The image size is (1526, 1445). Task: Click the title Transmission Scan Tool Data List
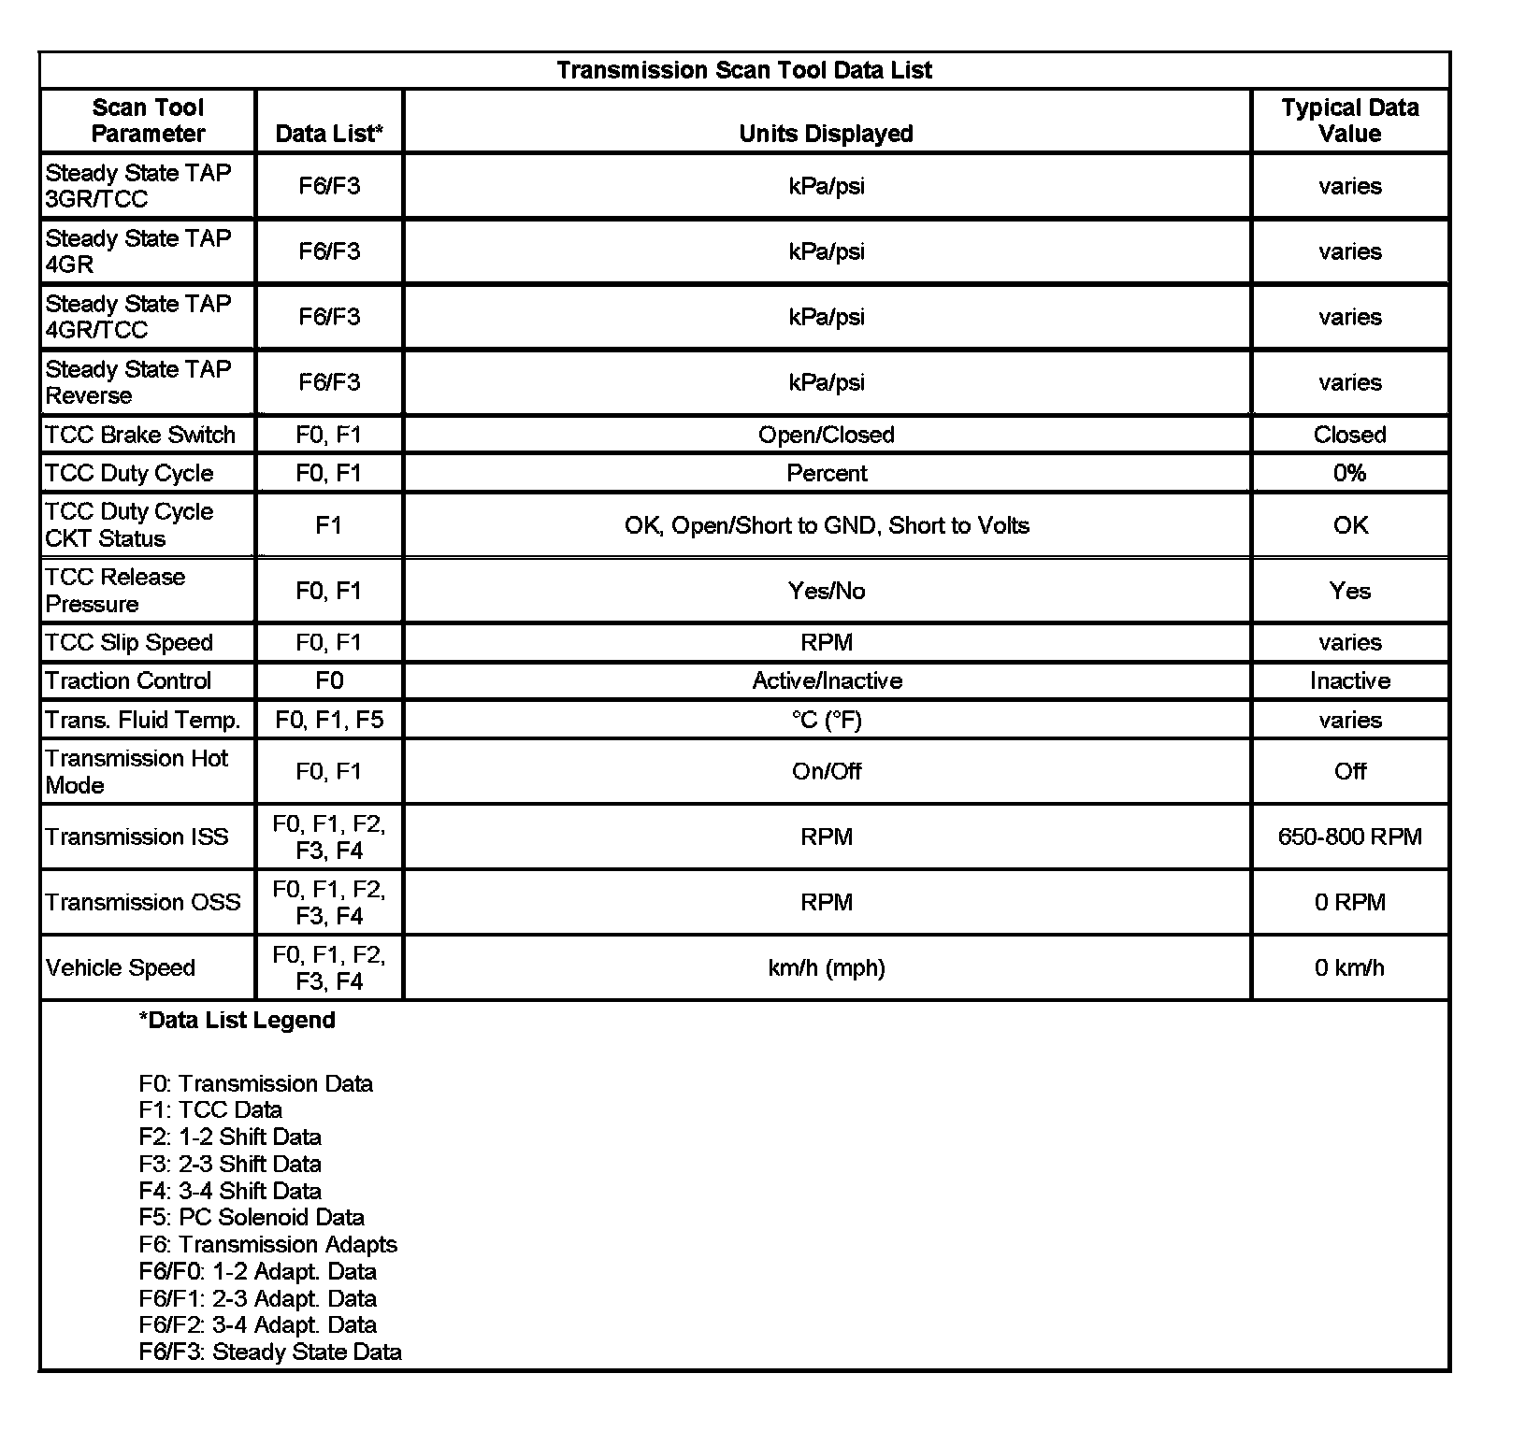(x=744, y=70)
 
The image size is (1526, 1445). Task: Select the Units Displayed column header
(x=826, y=134)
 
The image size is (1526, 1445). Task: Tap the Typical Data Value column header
(x=1349, y=121)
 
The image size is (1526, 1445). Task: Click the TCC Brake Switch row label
(x=140, y=435)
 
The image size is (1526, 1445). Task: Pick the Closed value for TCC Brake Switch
(x=1349, y=435)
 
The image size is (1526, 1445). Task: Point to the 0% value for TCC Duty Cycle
(x=1349, y=473)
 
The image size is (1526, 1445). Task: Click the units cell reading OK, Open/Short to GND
(x=827, y=525)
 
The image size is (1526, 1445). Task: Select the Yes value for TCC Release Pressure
(x=1349, y=591)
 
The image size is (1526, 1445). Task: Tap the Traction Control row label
(x=128, y=680)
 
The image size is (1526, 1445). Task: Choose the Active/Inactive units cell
(x=827, y=680)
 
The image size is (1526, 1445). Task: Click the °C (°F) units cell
(x=827, y=720)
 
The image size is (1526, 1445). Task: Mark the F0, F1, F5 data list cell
(x=329, y=720)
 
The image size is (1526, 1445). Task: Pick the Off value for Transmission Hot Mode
(x=1349, y=771)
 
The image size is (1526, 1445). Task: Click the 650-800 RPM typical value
(x=1349, y=837)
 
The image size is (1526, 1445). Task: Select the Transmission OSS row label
(x=143, y=902)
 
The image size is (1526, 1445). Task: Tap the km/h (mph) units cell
(x=827, y=967)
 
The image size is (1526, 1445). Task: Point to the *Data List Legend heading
(x=237, y=1020)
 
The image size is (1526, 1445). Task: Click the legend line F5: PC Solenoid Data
(x=252, y=1217)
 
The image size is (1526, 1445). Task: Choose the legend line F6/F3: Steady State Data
(x=270, y=1352)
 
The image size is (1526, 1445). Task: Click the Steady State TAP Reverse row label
(x=137, y=382)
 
